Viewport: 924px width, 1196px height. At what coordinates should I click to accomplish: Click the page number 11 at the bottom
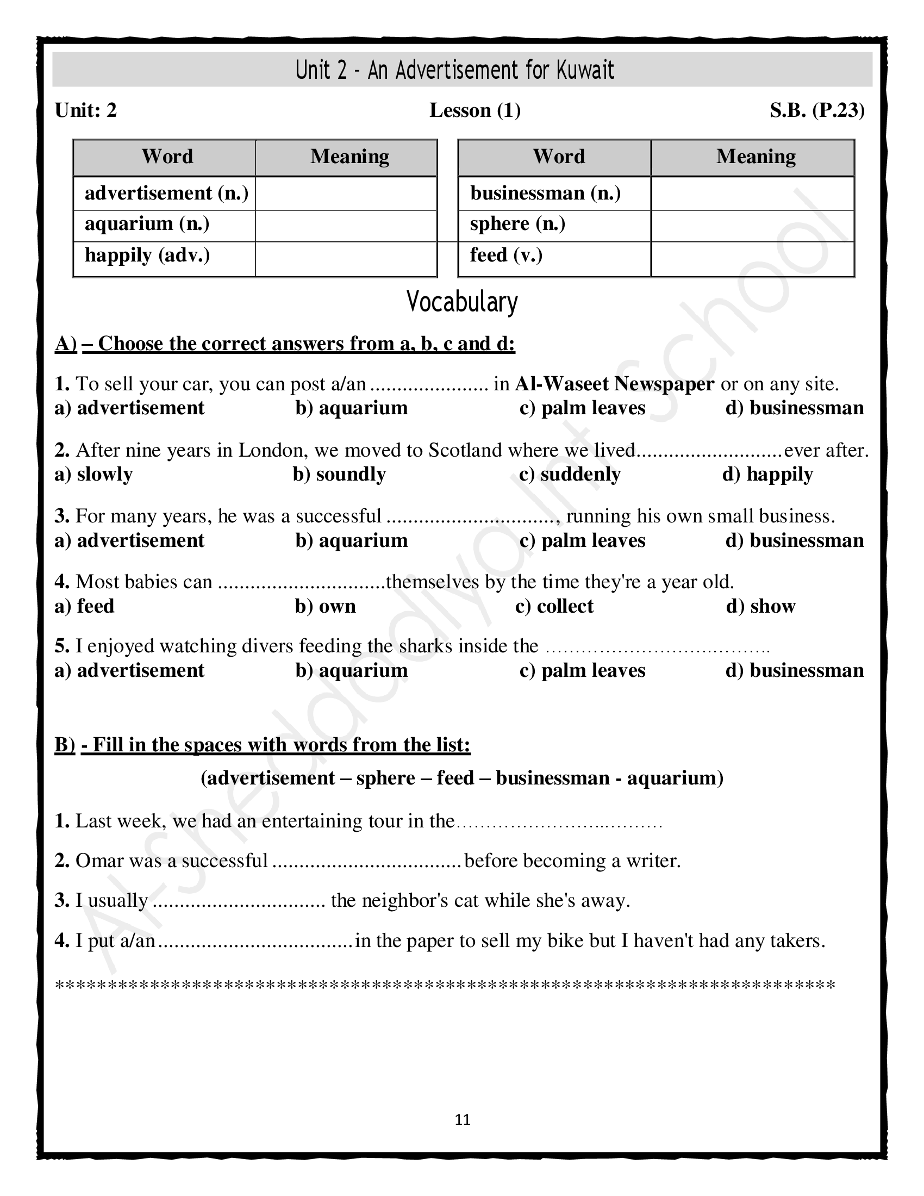point(463,1120)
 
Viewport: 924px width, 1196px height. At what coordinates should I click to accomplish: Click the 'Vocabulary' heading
point(462,302)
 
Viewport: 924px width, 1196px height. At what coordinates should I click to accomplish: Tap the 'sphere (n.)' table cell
point(554,225)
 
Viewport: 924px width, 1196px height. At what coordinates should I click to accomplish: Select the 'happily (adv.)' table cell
point(164,256)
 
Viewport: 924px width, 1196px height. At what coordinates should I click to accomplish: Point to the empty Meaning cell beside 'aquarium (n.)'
point(345,226)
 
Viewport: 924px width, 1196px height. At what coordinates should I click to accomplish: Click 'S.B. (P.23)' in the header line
point(817,110)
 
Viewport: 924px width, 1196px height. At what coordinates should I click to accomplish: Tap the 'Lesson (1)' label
point(475,110)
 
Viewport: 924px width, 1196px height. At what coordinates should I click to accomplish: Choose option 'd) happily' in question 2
point(767,474)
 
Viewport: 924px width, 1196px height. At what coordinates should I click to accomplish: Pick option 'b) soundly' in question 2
point(339,474)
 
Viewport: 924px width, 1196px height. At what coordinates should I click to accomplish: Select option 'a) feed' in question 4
point(85,606)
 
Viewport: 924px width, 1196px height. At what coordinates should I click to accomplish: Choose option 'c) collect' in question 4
point(554,606)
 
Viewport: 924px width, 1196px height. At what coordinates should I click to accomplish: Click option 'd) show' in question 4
point(760,606)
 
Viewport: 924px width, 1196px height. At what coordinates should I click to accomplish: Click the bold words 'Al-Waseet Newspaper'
point(614,384)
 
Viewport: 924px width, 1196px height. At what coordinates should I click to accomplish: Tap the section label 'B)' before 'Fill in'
point(65,745)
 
